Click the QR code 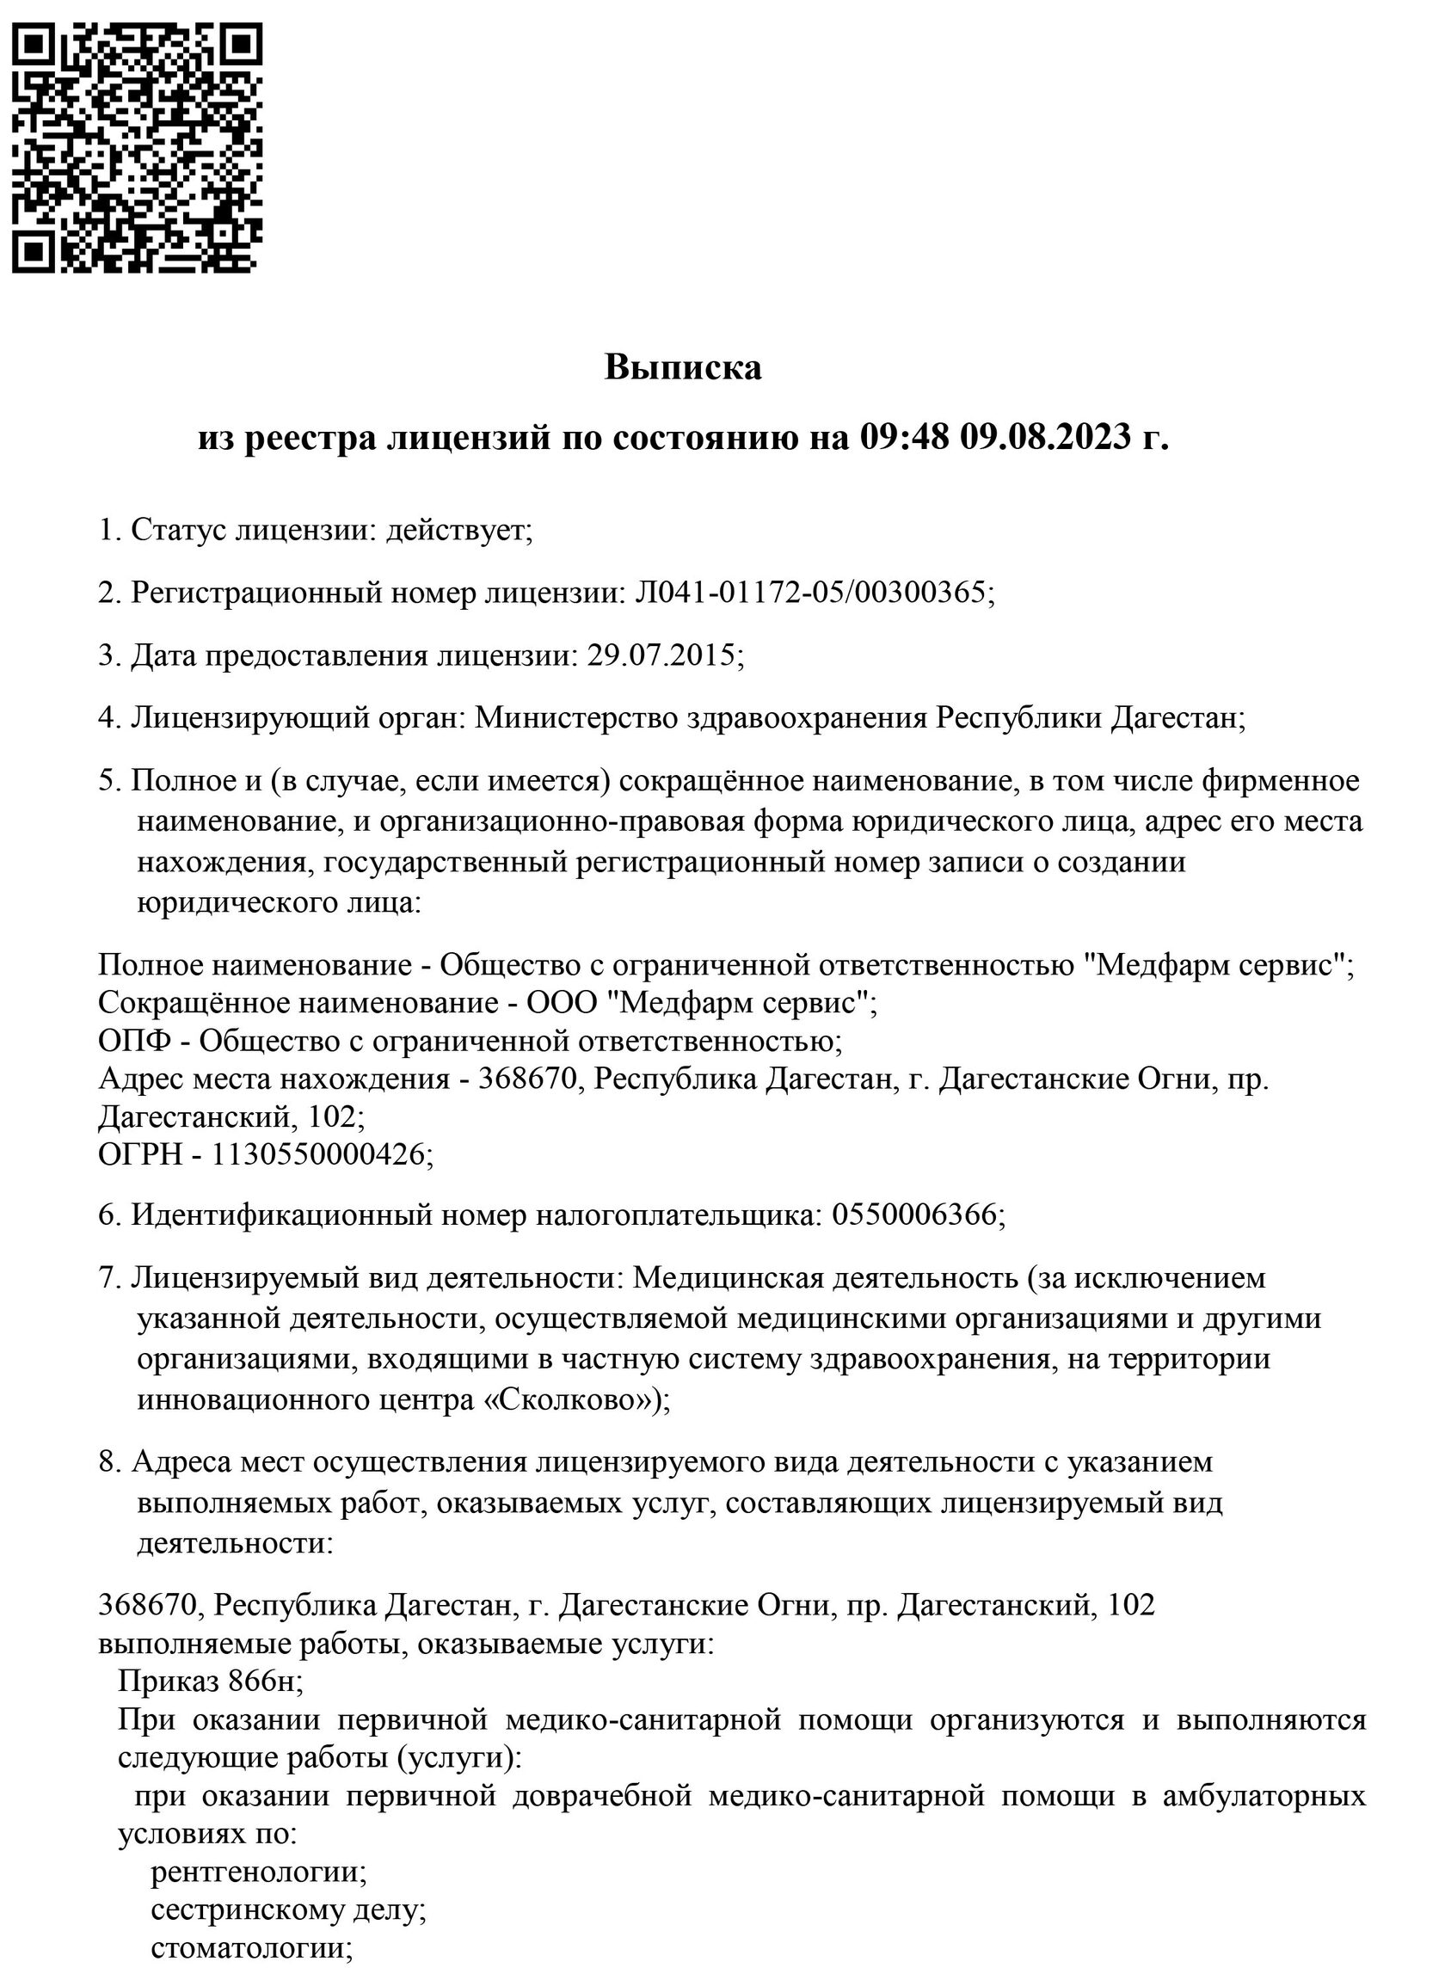click(x=137, y=147)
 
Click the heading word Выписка click(x=682, y=367)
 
